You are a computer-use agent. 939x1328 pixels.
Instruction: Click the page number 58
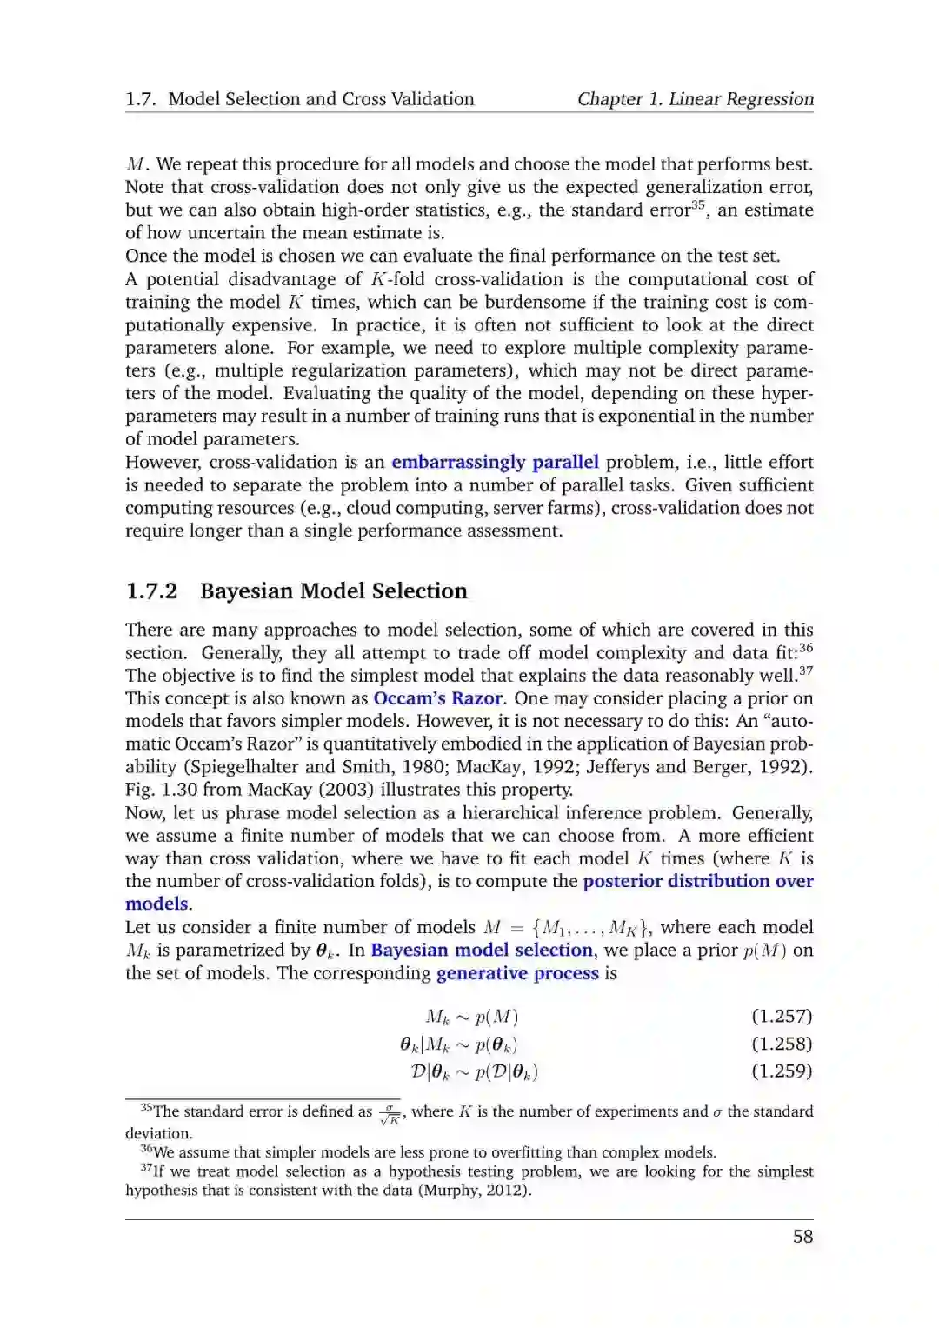click(x=802, y=1236)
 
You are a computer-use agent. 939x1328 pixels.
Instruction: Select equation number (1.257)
click(x=782, y=1016)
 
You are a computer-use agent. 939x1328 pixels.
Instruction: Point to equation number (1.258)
click(x=782, y=1044)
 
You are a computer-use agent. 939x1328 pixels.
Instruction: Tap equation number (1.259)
click(x=782, y=1071)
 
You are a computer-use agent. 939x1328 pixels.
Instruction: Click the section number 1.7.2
click(x=151, y=591)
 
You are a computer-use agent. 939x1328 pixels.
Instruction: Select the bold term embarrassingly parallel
click(x=495, y=462)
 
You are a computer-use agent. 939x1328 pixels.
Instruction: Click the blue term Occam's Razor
click(x=437, y=698)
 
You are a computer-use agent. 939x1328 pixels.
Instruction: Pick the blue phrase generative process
click(x=517, y=973)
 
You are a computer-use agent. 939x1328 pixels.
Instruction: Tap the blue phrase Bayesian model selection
click(x=482, y=950)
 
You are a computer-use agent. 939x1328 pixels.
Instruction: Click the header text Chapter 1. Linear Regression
click(x=696, y=99)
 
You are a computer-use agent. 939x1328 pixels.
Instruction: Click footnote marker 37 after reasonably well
click(x=806, y=671)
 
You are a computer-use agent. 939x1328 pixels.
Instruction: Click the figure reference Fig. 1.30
click(x=158, y=790)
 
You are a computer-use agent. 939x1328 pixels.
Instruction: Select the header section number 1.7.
click(x=140, y=99)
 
